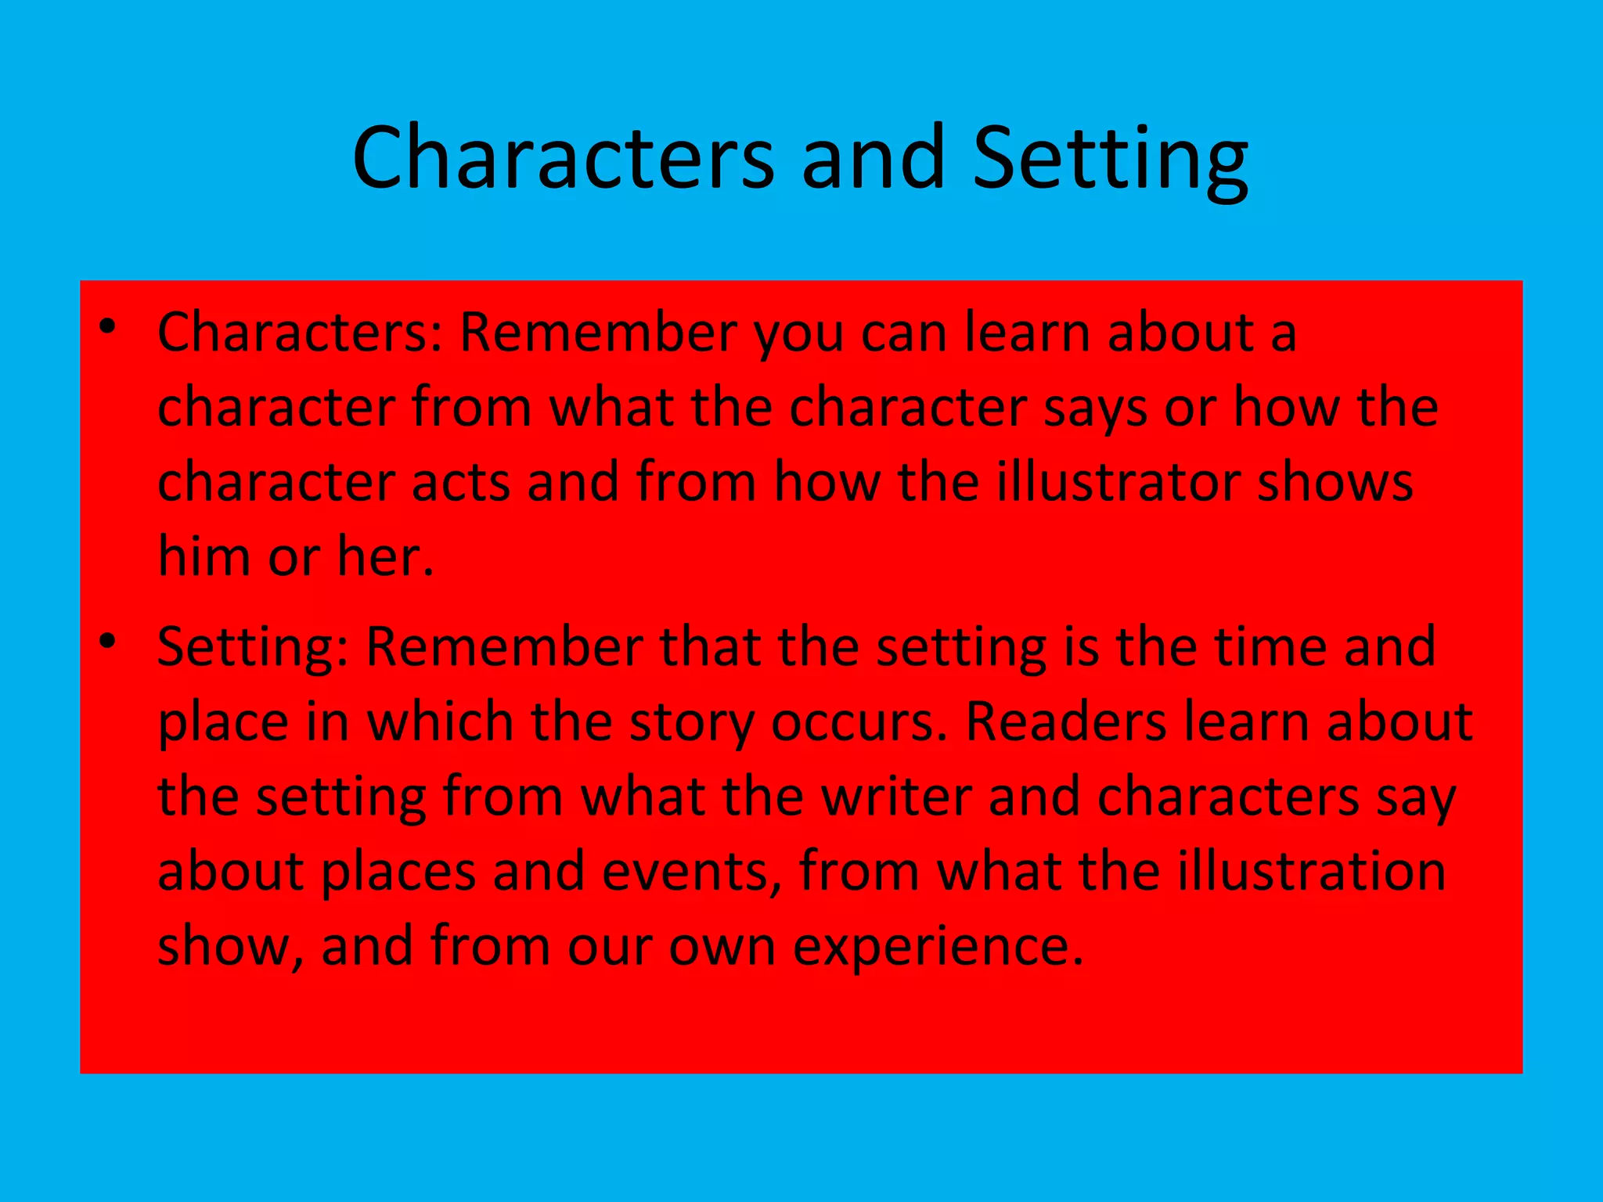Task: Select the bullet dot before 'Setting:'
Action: (108, 642)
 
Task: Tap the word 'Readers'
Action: (1066, 722)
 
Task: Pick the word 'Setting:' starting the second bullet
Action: (253, 648)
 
